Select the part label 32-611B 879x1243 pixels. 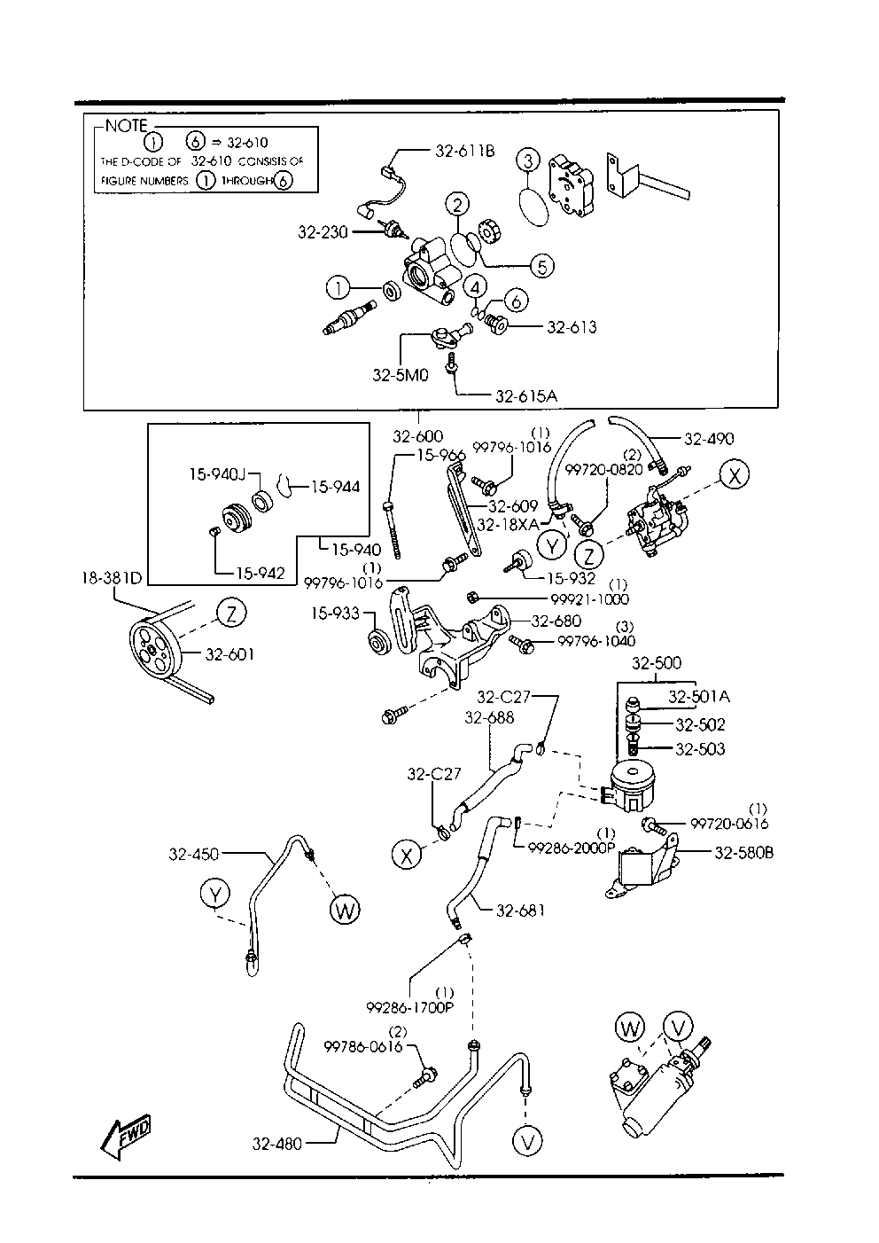(464, 151)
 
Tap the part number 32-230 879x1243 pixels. (322, 231)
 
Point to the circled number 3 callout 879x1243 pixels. (527, 160)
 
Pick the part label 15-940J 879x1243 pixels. (215, 474)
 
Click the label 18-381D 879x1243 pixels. (111, 577)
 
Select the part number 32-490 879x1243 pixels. (709, 438)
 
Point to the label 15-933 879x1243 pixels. (336, 613)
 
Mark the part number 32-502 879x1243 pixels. (700, 724)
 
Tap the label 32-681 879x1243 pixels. (520, 910)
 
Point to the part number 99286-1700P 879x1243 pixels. (409, 1007)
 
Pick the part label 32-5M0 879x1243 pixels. (400, 375)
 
